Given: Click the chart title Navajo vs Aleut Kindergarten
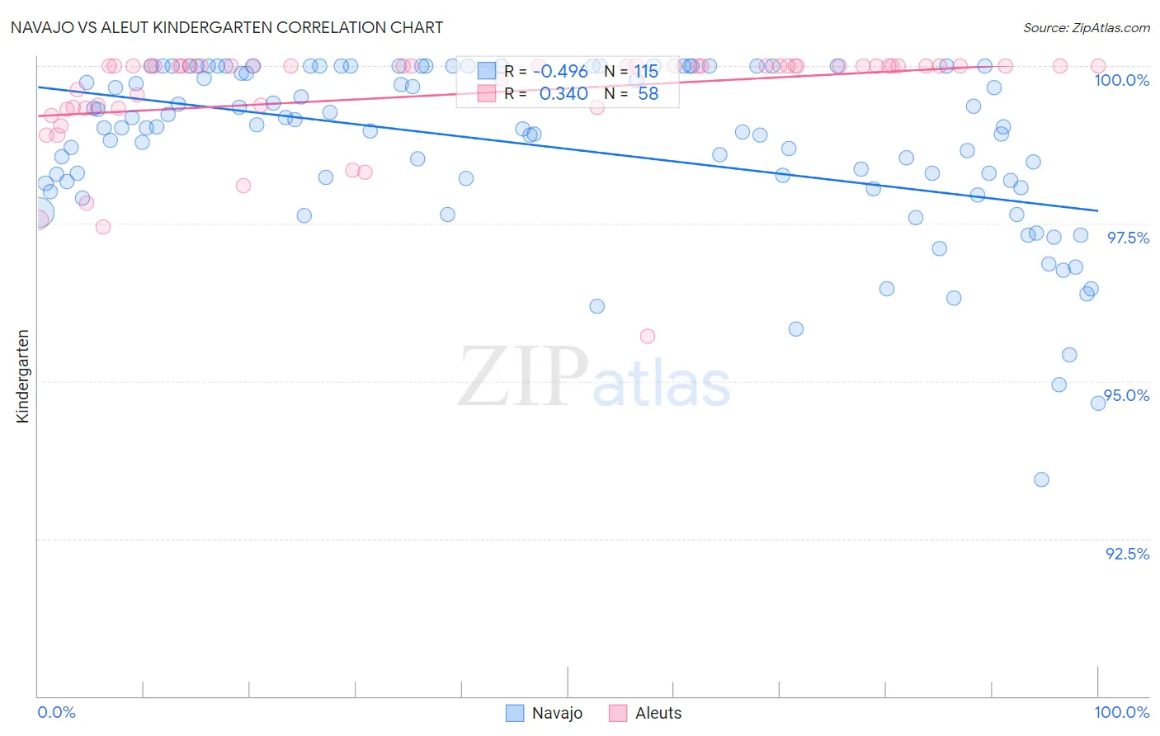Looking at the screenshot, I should pyautogui.click(x=227, y=27).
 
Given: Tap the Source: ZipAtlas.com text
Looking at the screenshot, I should pyautogui.click(x=1086, y=28).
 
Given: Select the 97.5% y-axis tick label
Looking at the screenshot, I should pyautogui.click(x=1128, y=238).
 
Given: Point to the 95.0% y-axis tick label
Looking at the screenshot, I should pyautogui.click(x=1127, y=395).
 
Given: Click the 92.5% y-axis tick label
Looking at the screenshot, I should pyautogui.click(x=1127, y=554).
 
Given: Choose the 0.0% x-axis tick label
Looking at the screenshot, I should pyautogui.click(x=56, y=712).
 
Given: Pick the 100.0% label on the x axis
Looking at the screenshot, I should pyautogui.click(x=1121, y=712).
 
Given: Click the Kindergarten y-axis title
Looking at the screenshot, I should pyautogui.click(x=23, y=376).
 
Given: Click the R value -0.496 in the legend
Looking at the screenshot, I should pyautogui.click(x=560, y=71).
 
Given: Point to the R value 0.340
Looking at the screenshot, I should pyautogui.click(x=563, y=94).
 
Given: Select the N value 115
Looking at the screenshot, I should pyautogui.click(x=646, y=71).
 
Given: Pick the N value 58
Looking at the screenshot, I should pyautogui.click(x=648, y=94).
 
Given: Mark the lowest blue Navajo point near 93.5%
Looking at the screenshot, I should pyautogui.click(x=1041, y=479).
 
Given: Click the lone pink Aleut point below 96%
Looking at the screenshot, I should pyautogui.click(x=648, y=336).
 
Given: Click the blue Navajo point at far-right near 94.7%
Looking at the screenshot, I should pyautogui.click(x=1098, y=403).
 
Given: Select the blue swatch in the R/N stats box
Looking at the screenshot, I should pyautogui.click(x=487, y=71).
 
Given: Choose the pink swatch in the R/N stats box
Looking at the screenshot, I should pyautogui.click(x=487, y=94).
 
